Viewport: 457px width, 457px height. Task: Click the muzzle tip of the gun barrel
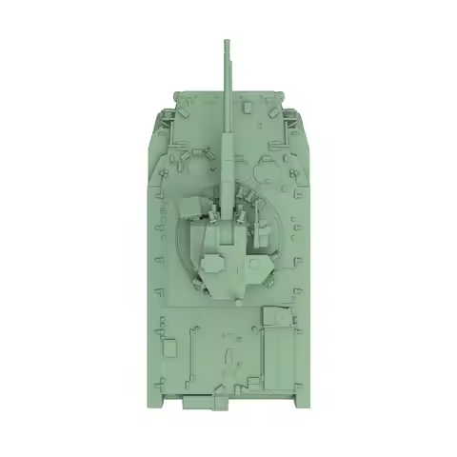[x=227, y=42]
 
